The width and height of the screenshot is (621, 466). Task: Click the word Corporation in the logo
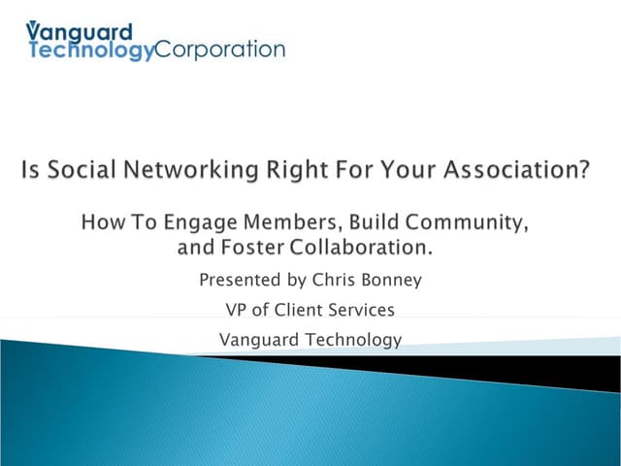tap(220, 50)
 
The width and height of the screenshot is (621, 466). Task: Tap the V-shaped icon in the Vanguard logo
tap(33, 29)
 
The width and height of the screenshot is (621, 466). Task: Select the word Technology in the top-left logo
tap(91, 50)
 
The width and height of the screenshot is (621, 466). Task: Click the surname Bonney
tap(392, 282)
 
